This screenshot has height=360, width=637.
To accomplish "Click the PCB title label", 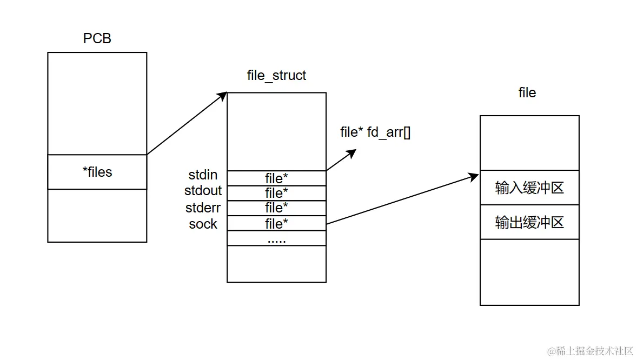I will point(97,38).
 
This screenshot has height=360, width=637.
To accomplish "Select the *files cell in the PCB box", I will point(97,172).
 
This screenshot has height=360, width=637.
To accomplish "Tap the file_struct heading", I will point(276,75).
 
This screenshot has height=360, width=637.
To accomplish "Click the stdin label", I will point(203,175).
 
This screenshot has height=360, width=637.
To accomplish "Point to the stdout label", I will point(203,191).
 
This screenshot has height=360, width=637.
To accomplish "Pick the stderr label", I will point(203,208).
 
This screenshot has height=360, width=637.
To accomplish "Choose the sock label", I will point(203,224).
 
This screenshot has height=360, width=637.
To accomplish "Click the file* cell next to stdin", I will point(276,178).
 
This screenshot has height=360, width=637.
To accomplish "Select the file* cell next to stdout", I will point(276,193).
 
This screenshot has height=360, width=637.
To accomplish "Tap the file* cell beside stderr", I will point(276,208).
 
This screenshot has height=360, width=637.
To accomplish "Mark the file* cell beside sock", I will point(276,223).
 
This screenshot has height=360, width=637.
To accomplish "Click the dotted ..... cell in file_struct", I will point(276,238).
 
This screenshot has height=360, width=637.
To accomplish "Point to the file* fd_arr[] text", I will point(375,132).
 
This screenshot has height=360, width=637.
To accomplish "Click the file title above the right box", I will point(527,93).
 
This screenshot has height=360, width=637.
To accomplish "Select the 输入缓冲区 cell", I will point(529,188).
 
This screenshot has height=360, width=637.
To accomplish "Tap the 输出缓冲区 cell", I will point(529,222).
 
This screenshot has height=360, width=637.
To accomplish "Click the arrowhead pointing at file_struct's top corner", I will point(222,96).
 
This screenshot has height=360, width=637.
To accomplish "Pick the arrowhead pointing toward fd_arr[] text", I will point(351,152).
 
